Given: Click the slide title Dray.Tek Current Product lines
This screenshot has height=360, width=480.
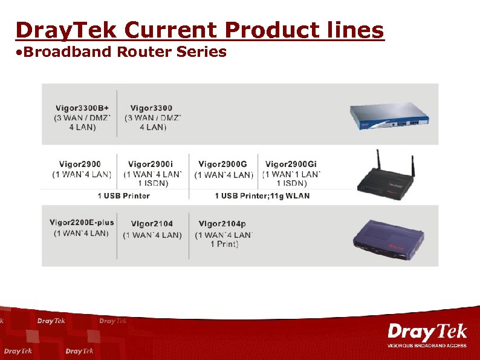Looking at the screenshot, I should pos(199,30).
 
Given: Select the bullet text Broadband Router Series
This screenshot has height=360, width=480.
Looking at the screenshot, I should pos(121,52).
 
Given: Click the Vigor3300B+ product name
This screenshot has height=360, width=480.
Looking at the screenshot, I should pos(82,108).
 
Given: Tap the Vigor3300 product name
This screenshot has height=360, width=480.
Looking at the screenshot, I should pos(151,108).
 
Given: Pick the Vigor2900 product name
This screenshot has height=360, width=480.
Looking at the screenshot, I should pos(80,164).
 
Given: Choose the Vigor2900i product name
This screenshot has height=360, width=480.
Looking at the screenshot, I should pos(151,164).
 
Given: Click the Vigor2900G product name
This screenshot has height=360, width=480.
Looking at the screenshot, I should pos(222,164).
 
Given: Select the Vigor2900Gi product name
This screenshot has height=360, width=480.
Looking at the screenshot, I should pos(291,164).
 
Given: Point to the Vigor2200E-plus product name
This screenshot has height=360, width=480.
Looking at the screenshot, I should pos(82,223).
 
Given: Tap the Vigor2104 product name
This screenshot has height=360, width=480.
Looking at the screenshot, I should pos(152,224).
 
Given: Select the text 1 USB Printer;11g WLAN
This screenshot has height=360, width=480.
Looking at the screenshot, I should pos(262,195).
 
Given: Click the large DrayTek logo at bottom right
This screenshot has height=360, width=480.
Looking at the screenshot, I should pos(427,332).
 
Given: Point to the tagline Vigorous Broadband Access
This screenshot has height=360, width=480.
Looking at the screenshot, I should pos(427,345).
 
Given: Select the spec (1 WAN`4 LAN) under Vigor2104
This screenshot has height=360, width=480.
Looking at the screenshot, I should pos(152,235).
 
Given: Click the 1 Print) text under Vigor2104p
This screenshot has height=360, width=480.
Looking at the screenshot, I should pos(224,244).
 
